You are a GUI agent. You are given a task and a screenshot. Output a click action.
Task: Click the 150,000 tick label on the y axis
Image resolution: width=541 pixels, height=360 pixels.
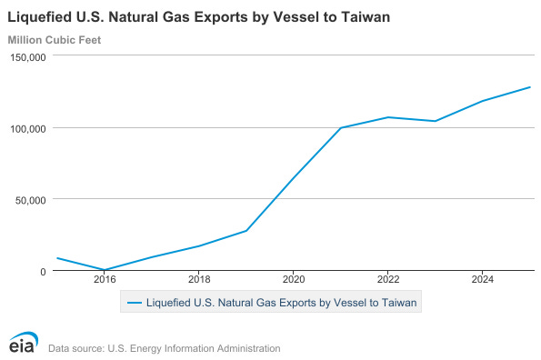[x=28, y=57]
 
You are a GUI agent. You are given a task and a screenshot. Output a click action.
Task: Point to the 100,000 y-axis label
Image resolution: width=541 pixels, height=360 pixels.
[x=28, y=129]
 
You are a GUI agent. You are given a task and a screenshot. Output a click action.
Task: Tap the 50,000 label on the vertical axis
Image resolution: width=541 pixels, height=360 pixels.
[x=30, y=200]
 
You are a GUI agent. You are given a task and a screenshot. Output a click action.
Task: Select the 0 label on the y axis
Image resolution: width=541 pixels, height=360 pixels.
[x=43, y=272]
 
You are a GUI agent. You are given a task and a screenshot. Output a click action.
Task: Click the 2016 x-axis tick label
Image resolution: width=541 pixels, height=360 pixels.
[x=105, y=279]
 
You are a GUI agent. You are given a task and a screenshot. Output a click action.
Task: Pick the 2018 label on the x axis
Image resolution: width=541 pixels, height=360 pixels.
[x=199, y=279]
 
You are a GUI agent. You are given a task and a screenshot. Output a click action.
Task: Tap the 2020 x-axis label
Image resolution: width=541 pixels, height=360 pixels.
[x=294, y=279]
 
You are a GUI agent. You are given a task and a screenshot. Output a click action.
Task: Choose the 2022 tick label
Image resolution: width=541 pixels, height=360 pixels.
[x=388, y=279]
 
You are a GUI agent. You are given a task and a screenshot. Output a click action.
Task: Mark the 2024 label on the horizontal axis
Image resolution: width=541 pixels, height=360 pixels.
[x=483, y=279]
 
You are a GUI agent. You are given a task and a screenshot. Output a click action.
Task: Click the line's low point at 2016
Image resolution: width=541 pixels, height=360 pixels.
[x=105, y=270]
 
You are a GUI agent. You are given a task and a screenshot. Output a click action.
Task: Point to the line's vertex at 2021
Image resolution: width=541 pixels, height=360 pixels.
[x=341, y=127]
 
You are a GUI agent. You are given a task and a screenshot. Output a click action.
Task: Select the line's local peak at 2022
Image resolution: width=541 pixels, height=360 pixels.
[x=388, y=117]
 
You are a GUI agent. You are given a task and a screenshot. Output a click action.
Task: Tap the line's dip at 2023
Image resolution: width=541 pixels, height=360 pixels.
[x=436, y=121]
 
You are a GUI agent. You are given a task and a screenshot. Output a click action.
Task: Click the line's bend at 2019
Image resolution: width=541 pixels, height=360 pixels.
[x=246, y=231]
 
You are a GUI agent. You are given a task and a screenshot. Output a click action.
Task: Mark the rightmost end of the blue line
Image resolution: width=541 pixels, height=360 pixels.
[x=530, y=87]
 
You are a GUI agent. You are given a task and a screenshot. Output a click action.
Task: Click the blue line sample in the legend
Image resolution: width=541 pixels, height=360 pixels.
[x=135, y=303]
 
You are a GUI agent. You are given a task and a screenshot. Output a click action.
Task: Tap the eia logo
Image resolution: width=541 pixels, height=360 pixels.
[x=24, y=342]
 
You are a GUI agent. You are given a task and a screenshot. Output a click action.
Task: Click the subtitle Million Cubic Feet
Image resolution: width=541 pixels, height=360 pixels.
[x=55, y=40]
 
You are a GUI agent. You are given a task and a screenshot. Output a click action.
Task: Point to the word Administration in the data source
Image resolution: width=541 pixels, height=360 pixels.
[x=248, y=348]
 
